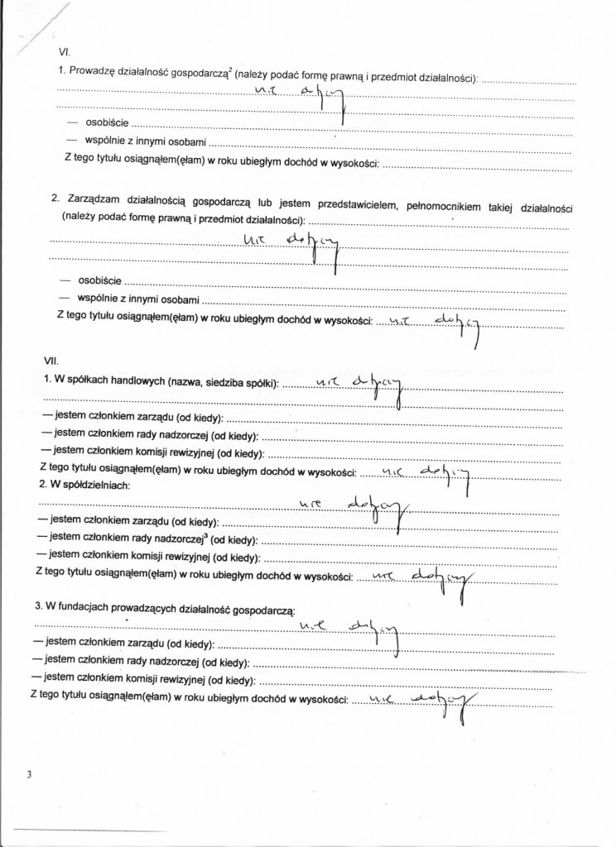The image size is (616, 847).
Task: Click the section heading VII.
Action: click(x=50, y=361)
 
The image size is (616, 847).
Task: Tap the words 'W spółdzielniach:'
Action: click(x=79, y=483)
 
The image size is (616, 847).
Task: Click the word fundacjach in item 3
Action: click(x=89, y=606)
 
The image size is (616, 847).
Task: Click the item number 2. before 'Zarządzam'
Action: click(x=55, y=200)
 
